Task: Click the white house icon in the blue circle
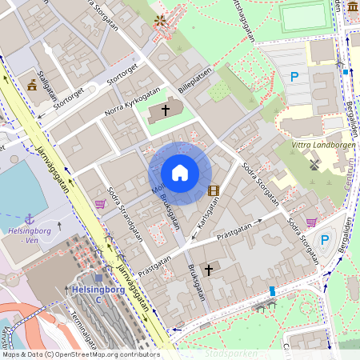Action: (x=180, y=173)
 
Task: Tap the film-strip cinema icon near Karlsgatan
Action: (x=213, y=190)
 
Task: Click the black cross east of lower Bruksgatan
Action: (x=209, y=270)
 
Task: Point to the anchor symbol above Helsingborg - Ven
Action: (x=30, y=218)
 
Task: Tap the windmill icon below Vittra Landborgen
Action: (x=314, y=165)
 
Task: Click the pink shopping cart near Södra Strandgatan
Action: (x=100, y=204)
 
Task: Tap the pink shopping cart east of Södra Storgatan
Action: (x=310, y=222)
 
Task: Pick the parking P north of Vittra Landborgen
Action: (x=294, y=78)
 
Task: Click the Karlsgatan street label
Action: (x=207, y=215)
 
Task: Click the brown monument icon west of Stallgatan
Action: (x=31, y=86)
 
